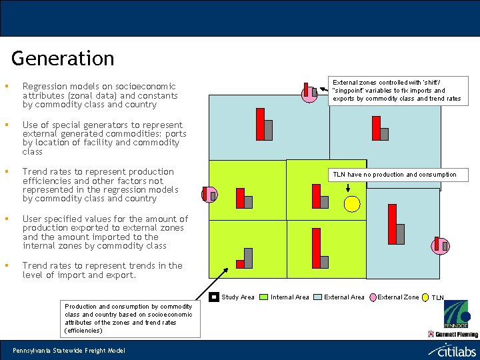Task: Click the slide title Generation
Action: point(63,59)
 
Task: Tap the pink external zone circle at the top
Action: point(309,94)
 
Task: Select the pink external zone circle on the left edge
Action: point(209,195)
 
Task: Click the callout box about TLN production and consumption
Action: point(395,175)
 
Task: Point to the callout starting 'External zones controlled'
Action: point(397,90)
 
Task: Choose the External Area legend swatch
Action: point(318,297)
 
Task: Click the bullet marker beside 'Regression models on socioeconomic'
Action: point(5,86)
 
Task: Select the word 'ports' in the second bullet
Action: point(175,134)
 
